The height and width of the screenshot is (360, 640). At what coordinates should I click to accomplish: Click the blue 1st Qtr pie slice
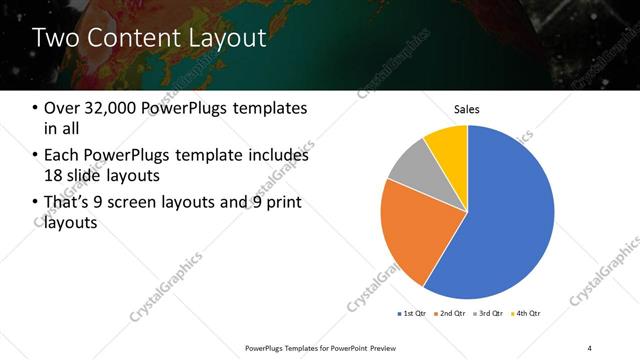(x=505, y=220)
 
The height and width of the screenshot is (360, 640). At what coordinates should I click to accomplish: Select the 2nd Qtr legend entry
(x=450, y=313)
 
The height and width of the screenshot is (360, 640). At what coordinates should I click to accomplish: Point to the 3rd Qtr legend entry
(x=489, y=313)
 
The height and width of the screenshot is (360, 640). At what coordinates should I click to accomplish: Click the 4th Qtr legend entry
(x=527, y=313)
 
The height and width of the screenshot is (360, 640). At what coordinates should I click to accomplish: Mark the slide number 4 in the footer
(x=590, y=347)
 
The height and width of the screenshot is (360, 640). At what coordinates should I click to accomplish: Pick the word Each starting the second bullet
(x=64, y=155)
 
